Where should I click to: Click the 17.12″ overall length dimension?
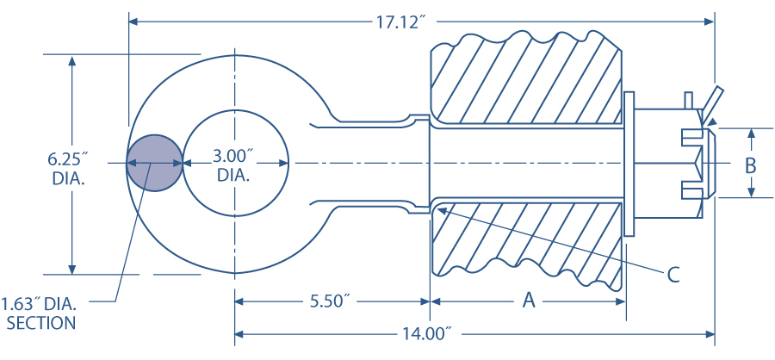[x=401, y=22]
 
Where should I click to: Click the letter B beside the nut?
[x=750, y=164]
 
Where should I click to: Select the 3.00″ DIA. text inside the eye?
[x=233, y=164]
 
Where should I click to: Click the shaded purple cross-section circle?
[x=155, y=163]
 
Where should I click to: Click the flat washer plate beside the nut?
[x=628, y=163]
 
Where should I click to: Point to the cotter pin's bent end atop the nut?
[x=713, y=100]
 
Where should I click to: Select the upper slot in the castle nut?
[x=694, y=136]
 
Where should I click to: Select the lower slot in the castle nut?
[x=694, y=189]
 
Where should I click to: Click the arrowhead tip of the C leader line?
[x=436, y=204]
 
